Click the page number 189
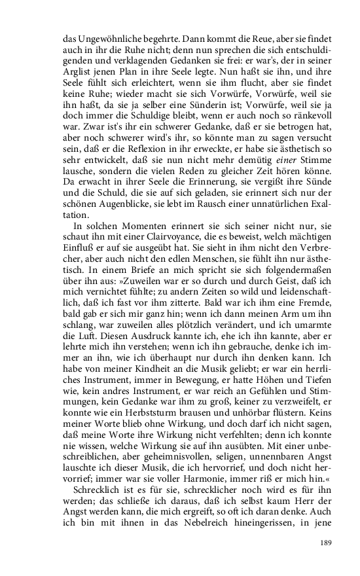pyautogui.click(x=326, y=543)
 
